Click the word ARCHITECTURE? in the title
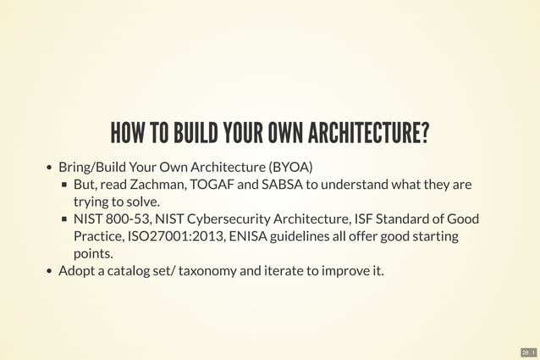[368, 133]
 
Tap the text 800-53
[128, 219]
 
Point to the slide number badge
[529, 351]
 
